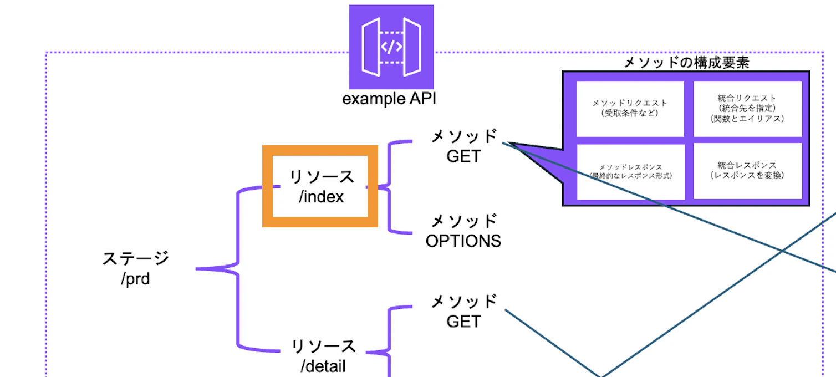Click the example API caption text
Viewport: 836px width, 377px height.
pos(389,100)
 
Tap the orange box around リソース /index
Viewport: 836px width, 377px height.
pos(320,151)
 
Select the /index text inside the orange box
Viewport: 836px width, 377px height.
pos(321,196)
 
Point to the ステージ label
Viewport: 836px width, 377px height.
pos(136,258)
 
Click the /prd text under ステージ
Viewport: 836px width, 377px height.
pos(135,278)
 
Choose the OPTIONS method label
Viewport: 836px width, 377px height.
pos(463,241)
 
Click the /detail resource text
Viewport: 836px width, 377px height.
pos(323,366)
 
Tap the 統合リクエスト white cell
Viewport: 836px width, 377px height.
pos(747,109)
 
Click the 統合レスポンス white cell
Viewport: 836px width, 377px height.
pos(747,171)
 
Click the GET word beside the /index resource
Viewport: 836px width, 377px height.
pos(463,156)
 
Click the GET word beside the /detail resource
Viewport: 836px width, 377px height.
pos(463,322)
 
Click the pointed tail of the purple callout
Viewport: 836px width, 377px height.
pos(512,145)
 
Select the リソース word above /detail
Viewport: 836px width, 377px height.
pos(323,347)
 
